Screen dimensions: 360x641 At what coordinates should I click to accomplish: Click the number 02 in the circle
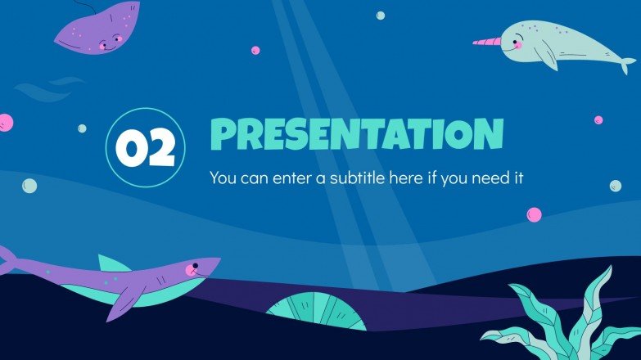[146, 148]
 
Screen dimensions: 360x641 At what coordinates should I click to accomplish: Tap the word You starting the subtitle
[222, 177]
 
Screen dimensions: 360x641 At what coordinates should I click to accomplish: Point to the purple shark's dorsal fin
[112, 263]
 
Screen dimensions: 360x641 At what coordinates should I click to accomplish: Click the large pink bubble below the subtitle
[534, 214]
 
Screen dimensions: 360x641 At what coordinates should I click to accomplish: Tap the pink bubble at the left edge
[5, 122]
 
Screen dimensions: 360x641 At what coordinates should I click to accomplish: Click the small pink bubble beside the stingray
[255, 50]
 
